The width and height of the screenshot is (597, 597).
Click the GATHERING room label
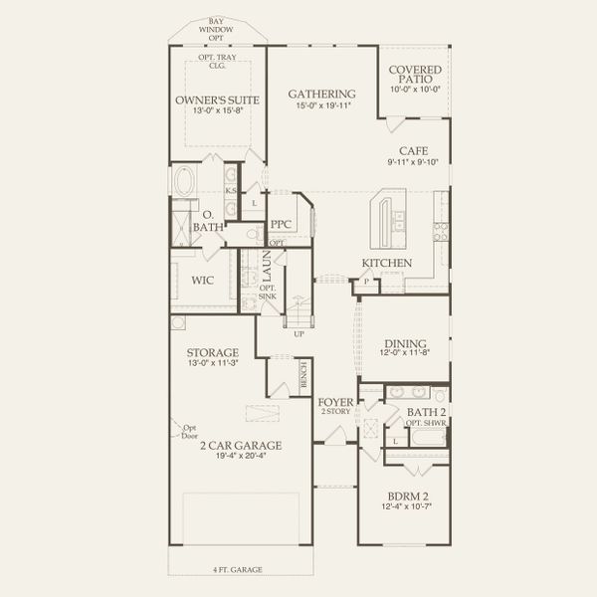[321, 94]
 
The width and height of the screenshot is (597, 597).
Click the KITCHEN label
[387, 263]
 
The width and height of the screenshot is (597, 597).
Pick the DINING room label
[403, 339]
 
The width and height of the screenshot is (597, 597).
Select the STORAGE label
[212, 352]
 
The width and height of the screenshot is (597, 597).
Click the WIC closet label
[203, 281]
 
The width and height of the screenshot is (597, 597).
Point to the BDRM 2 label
[407, 496]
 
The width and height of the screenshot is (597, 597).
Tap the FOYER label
[334, 403]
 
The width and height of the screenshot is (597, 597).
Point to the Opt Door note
[190, 432]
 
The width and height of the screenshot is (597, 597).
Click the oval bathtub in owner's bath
[185, 184]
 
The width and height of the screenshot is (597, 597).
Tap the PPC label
[280, 225]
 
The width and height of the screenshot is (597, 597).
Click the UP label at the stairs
[298, 333]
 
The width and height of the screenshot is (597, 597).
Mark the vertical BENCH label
[303, 375]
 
